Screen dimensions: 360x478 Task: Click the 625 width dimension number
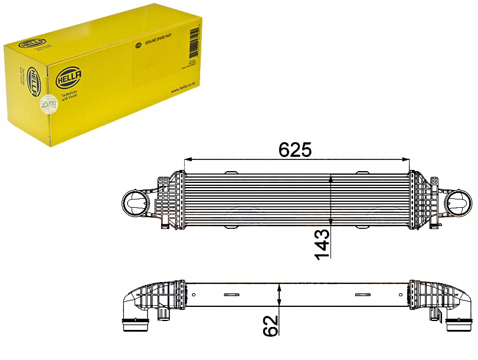(x=295, y=149)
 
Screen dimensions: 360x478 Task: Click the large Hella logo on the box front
(x=70, y=76)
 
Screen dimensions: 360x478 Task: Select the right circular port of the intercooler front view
(x=459, y=205)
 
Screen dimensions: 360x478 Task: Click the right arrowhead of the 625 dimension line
(x=407, y=160)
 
